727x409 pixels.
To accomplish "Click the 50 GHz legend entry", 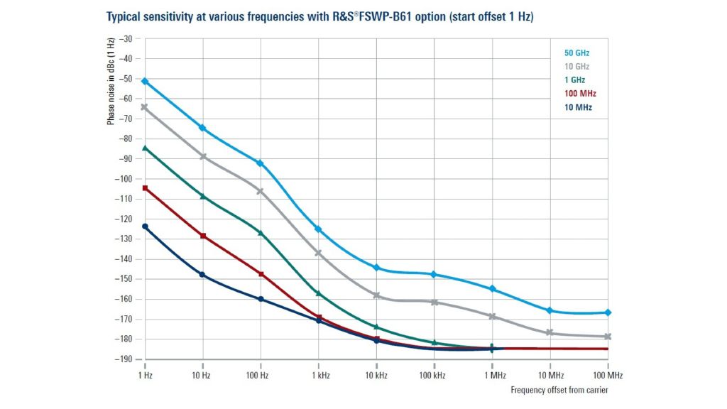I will point(576,53).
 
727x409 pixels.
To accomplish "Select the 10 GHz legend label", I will point(576,67).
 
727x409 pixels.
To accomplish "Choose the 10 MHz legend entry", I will point(578,107).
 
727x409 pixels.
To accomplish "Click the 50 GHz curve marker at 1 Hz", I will point(145,81).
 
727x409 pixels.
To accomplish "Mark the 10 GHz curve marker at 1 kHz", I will point(318,253).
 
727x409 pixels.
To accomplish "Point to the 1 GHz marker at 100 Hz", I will point(261,233).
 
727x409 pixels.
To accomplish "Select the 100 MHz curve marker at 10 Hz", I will point(203,236).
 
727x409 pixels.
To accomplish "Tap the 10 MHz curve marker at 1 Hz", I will point(145,227).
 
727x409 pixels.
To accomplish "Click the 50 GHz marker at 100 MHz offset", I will point(608,312).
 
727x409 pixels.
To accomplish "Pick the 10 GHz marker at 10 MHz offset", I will point(550,332).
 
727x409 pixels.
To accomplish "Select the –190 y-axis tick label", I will point(124,359).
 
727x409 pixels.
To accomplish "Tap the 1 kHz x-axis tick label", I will point(318,374).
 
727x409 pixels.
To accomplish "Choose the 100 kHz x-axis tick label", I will point(432,374).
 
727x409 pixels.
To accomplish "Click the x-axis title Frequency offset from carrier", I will point(559,390).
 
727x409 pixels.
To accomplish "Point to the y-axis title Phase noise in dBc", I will point(111,81).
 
